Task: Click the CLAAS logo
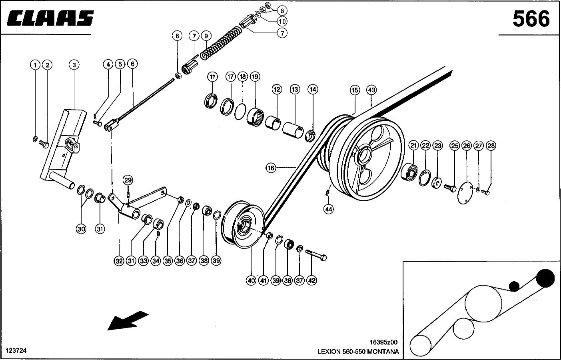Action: (x=50, y=18)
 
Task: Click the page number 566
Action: (x=531, y=19)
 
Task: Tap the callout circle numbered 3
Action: (x=74, y=64)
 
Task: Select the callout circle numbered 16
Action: (x=271, y=168)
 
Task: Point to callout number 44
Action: (x=329, y=208)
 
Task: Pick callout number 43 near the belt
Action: (x=372, y=90)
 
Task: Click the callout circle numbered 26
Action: (x=467, y=146)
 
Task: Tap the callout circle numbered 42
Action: (x=311, y=281)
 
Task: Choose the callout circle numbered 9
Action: (x=206, y=36)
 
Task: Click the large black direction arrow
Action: (x=128, y=320)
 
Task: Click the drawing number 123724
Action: (x=16, y=351)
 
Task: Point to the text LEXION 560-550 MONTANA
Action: (x=358, y=352)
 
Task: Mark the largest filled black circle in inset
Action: (x=545, y=277)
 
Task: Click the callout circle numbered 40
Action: (x=251, y=281)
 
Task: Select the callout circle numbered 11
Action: (x=212, y=76)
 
